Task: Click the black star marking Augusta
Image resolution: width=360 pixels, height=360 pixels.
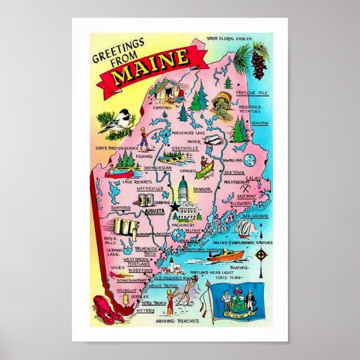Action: pos(176,207)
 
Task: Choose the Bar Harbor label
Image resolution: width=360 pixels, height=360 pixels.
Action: pos(255,215)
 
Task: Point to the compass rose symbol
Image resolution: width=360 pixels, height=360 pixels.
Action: pos(260,257)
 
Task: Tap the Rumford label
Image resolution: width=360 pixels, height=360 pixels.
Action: pos(121,207)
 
